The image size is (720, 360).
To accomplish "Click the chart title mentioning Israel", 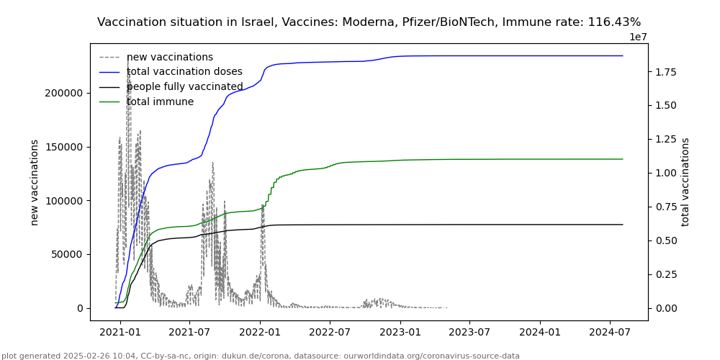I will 369,22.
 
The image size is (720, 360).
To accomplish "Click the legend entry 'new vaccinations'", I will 170,58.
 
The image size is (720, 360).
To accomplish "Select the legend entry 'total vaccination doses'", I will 184,72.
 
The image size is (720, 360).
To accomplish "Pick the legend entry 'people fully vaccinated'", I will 185,87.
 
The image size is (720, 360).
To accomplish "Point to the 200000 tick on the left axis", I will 63,93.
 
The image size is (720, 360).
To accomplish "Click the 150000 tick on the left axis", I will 63,147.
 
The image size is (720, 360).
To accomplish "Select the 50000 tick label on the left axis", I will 66,254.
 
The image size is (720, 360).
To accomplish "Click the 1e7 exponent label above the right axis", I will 638,37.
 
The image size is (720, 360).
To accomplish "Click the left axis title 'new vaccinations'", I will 35,182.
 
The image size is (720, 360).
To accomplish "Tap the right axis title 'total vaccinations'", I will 685,182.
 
